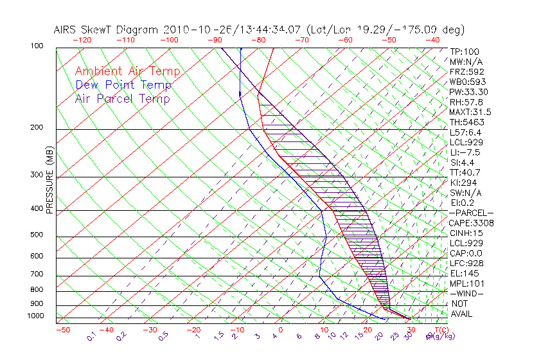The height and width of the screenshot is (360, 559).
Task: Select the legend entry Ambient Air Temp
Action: coord(127,71)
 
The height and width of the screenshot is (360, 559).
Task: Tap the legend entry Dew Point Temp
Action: coord(123,85)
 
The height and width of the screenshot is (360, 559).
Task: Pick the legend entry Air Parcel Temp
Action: coord(122,98)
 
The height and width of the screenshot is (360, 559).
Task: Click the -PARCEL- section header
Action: coord(471,213)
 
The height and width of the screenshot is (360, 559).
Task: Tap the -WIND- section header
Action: coord(466,293)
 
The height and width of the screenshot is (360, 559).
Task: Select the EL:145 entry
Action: coord(463,273)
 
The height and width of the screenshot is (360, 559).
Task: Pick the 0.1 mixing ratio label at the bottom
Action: coord(91,336)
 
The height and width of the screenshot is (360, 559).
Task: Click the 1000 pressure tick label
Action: coord(37,316)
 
